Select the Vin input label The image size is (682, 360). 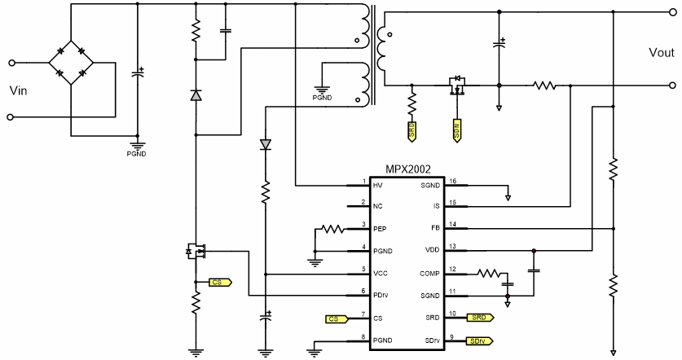(19, 89)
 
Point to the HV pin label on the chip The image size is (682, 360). (377, 186)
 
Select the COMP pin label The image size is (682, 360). (429, 273)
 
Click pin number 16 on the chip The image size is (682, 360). (454, 181)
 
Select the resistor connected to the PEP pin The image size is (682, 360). (332, 230)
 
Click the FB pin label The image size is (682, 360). (435, 229)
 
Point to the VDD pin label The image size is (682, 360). (433, 251)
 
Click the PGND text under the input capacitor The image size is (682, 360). (136, 152)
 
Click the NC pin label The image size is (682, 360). (377, 207)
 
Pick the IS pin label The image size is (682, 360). (437, 207)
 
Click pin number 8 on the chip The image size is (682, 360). (364, 336)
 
